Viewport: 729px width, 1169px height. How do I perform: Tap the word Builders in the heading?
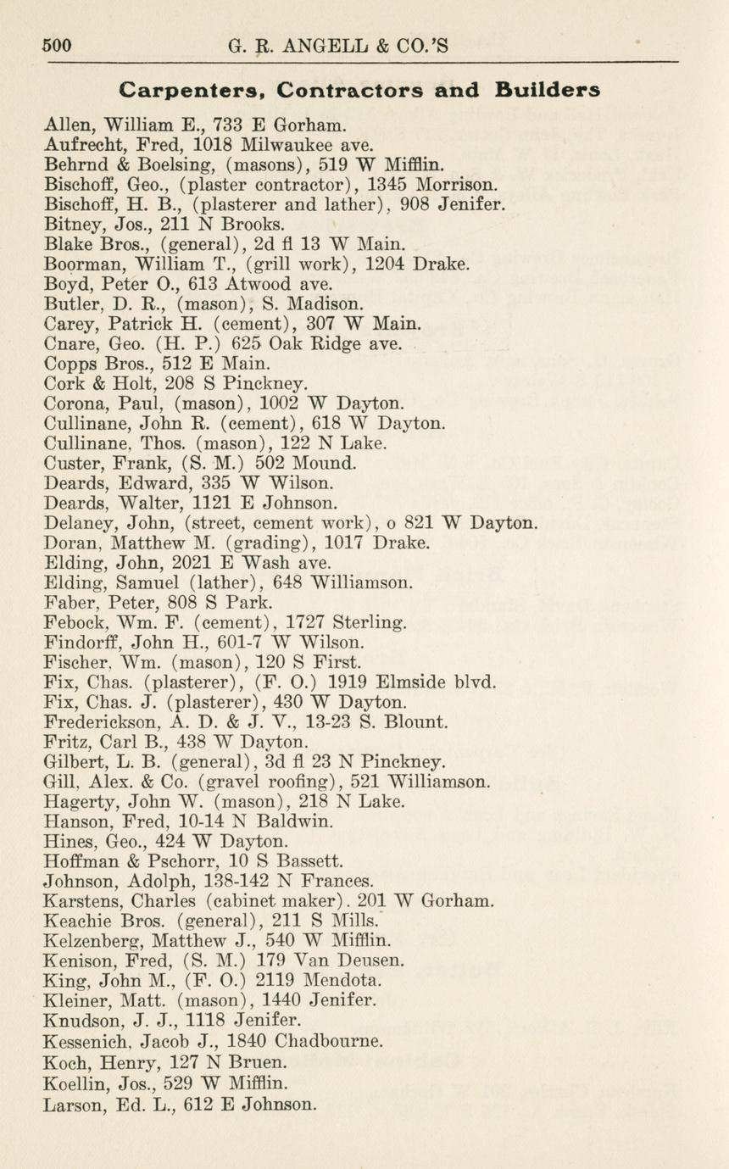click(548, 90)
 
